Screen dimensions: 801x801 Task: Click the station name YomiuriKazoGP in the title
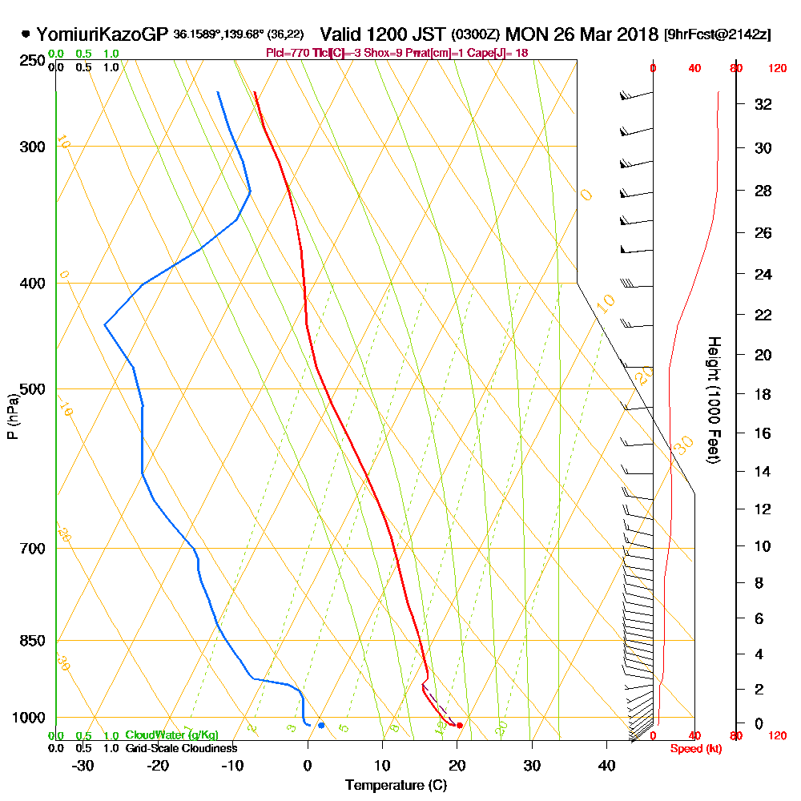coord(103,34)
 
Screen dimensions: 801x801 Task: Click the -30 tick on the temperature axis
coord(83,766)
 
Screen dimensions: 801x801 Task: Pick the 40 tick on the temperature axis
coord(606,766)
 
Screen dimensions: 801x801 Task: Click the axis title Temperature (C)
coord(396,786)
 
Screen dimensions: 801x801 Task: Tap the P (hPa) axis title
coord(12,417)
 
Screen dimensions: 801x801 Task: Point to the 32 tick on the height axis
coord(764,104)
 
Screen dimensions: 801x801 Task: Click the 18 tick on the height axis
coord(764,394)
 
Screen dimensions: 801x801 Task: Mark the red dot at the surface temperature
coord(459,726)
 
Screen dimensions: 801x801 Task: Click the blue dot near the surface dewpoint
coord(321,726)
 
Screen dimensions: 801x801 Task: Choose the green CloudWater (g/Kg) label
coord(171,735)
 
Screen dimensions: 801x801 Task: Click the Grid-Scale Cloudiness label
coord(181,748)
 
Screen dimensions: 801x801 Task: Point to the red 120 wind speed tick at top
coord(776,69)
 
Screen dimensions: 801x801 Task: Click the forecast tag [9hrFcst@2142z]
coord(717,34)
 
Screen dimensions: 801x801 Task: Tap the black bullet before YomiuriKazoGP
coord(26,34)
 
